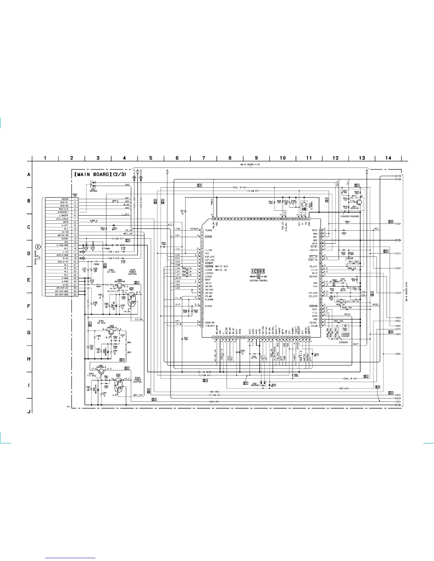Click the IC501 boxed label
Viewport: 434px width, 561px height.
[258, 271]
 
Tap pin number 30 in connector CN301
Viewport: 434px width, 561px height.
[75, 295]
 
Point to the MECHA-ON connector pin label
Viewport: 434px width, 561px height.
[63, 235]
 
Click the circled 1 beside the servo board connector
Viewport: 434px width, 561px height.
[37, 247]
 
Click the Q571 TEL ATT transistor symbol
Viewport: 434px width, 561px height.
[358, 202]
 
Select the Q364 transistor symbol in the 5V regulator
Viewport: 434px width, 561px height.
[120, 285]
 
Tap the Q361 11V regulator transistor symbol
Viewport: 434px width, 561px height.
[102, 371]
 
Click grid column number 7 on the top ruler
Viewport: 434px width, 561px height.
[204, 158]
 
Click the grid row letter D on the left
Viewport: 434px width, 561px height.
[29, 254]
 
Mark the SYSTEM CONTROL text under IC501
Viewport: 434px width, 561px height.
[258, 280]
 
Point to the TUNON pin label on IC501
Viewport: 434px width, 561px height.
[208, 231]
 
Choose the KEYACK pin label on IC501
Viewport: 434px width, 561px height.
[313, 277]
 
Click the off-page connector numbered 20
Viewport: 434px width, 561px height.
[398, 240]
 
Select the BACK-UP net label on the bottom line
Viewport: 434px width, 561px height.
[214, 402]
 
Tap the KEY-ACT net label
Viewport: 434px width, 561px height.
[344, 388]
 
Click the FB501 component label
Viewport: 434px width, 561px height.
[347, 222]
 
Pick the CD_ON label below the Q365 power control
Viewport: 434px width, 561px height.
[139, 319]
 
